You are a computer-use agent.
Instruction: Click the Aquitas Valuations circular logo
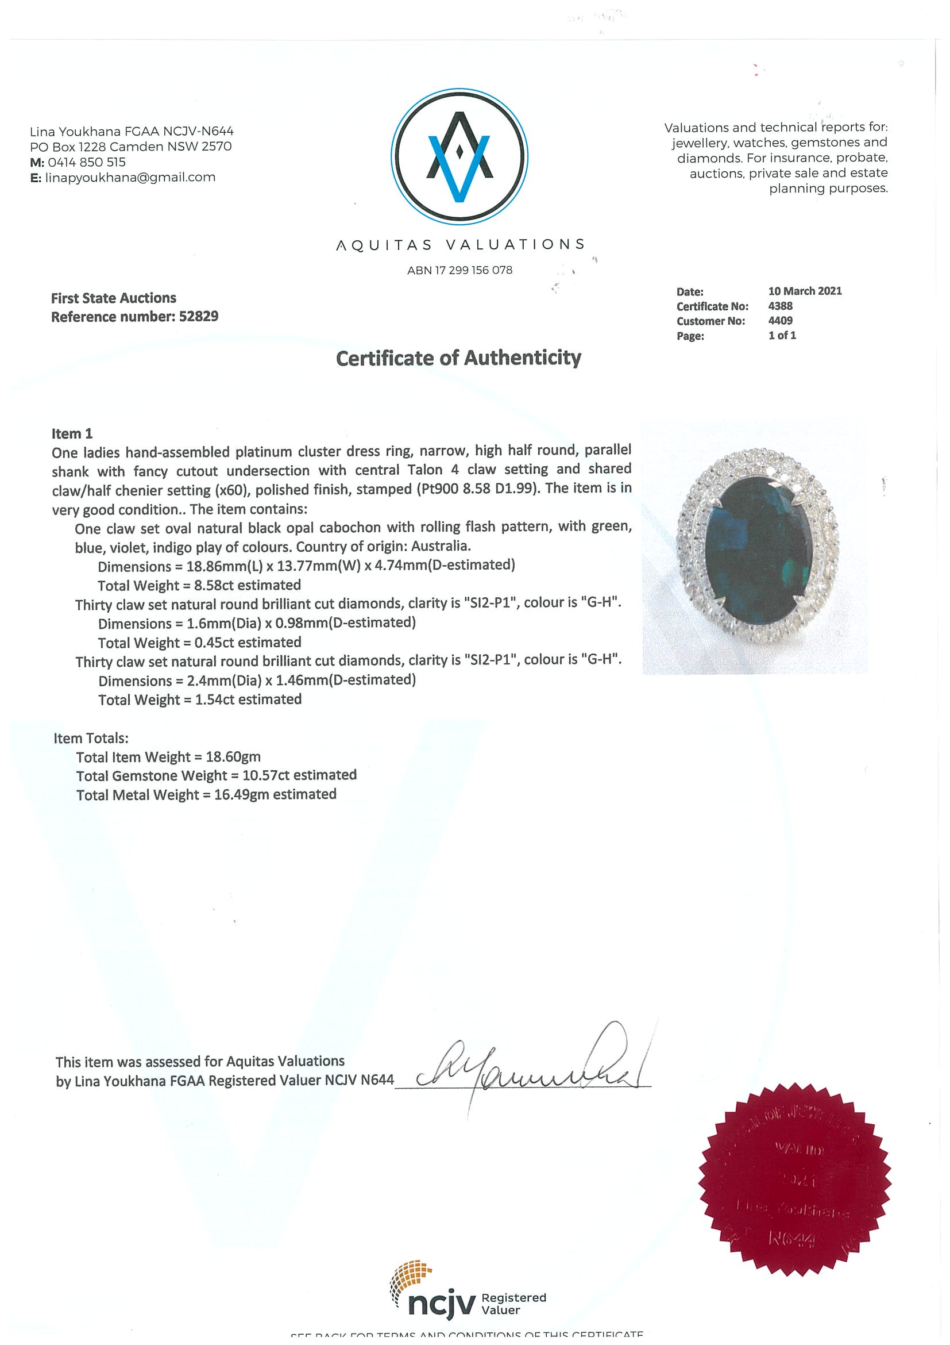(x=459, y=156)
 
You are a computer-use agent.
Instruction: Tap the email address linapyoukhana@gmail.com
(x=130, y=178)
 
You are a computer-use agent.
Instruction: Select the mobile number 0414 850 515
(x=87, y=162)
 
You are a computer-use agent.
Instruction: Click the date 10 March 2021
(x=805, y=291)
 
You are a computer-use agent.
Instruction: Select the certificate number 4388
(x=780, y=306)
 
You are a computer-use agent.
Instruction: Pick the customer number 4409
(x=780, y=320)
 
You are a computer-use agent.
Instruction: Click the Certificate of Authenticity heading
(x=458, y=358)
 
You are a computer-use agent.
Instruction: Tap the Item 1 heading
(x=72, y=433)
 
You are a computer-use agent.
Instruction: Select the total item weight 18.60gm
(x=233, y=757)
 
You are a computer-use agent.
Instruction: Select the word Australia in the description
(x=440, y=546)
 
